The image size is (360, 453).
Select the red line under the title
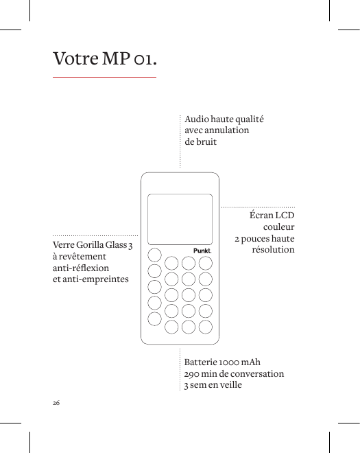click(105, 77)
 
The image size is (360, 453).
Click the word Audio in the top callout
click(197, 119)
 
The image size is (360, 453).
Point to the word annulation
click(228, 130)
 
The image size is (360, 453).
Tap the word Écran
click(261, 216)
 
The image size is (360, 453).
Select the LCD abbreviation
click(285, 216)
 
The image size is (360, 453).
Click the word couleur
click(279, 227)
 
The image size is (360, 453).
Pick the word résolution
click(274, 250)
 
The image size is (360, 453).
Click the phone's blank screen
click(180, 216)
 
